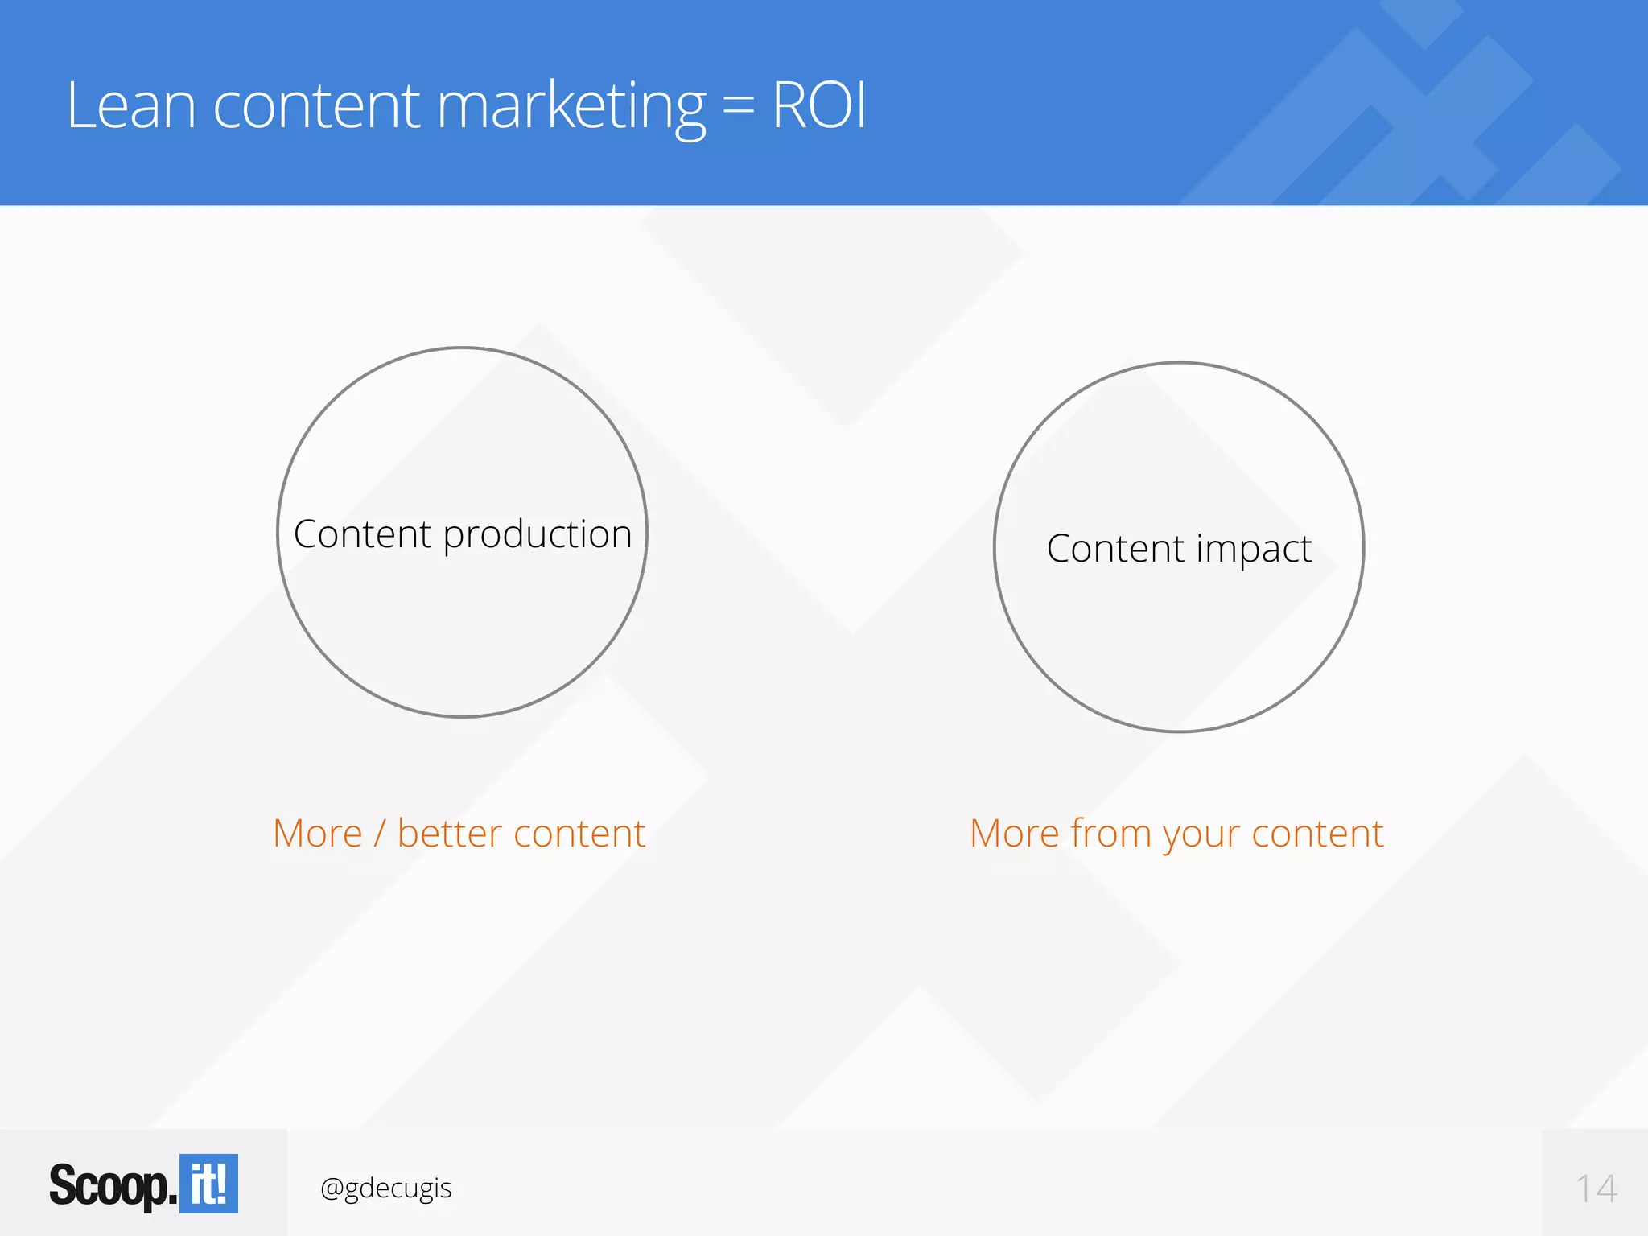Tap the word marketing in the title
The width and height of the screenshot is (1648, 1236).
(x=571, y=107)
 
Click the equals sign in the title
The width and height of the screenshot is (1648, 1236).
(x=738, y=108)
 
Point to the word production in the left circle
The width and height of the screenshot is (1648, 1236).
(x=538, y=535)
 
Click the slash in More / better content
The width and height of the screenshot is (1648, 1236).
(x=380, y=834)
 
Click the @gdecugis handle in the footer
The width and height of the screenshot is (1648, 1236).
(x=385, y=1189)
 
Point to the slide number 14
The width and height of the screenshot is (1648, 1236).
(x=1596, y=1189)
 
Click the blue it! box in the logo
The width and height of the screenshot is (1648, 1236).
(x=208, y=1184)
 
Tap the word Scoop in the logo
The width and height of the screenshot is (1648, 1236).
(x=109, y=1186)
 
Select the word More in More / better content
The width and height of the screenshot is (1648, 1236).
(x=317, y=834)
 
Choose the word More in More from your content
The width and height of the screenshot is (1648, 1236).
(x=1014, y=834)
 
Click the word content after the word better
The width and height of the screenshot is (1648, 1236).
(x=579, y=834)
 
